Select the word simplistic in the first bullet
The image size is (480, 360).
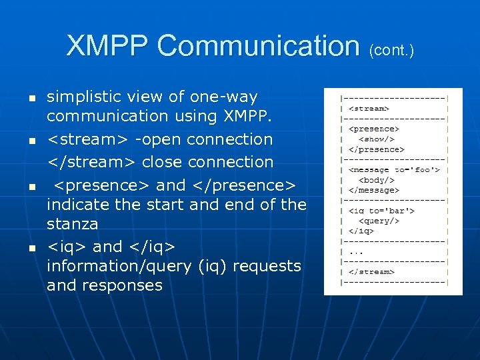point(83,97)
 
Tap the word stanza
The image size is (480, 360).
point(72,223)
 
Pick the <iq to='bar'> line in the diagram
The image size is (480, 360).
point(382,211)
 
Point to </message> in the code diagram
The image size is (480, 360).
point(375,190)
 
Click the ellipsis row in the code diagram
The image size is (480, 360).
point(356,251)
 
